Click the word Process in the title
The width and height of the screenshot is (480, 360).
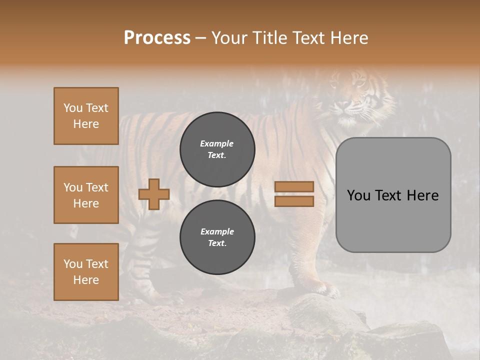[x=157, y=37]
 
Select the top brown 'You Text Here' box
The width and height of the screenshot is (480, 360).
[x=86, y=116]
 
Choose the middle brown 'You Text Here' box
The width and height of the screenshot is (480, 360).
[x=86, y=195]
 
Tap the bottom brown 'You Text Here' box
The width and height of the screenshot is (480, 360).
[x=86, y=272]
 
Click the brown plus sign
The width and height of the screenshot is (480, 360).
[x=154, y=194]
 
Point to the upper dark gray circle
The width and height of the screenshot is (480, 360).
[x=217, y=149]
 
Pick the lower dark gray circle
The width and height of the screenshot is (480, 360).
[x=217, y=237]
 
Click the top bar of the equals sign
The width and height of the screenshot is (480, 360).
[x=294, y=187]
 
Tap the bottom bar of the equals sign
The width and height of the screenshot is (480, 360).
[x=294, y=201]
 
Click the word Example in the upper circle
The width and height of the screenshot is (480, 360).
[x=216, y=143]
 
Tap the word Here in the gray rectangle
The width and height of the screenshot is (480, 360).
[x=422, y=195]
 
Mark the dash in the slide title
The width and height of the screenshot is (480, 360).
[x=201, y=38]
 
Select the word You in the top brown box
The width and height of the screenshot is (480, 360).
[x=72, y=108]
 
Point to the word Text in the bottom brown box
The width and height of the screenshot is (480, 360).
[x=97, y=264]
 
